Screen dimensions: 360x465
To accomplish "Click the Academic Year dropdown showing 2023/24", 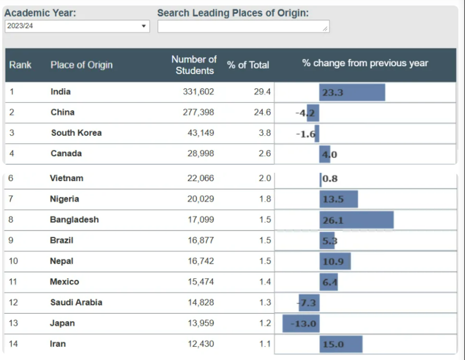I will pyautogui.click(x=77, y=26).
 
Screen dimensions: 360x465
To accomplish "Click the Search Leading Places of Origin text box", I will pyautogui.click(x=243, y=26).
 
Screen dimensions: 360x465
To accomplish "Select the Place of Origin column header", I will pyautogui.click(x=81, y=65).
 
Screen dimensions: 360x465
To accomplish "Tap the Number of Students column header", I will pyautogui.click(x=194, y=65).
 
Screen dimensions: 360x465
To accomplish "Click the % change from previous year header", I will pyautogui.click(x=365, y=63).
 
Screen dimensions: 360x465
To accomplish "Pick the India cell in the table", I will pyautogui.click(x=60, y=92).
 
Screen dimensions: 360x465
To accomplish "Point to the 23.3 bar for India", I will pyautogui.click(x=352, y=92).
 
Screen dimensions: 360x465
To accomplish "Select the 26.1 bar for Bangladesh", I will pyautogui.click(x=356, y=220).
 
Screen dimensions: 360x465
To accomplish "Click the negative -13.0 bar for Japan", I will pyautogui.click(x=301, y=323).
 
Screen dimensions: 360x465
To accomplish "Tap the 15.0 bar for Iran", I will pyautogui.click(x=341, y=344).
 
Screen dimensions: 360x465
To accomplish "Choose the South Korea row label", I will pyautogui.click(x=76, y=133).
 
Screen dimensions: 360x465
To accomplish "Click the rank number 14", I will pyautogui.click(x=13, y=344).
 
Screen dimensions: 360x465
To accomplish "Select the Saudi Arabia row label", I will pyautogui.click(x=76, y=303).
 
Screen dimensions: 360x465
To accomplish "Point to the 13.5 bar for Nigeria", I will pyautogui.click(x=338, y=199).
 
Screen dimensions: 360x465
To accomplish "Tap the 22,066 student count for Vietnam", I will pyautogui.click(x=201, y=178).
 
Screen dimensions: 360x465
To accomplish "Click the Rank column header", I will pyautogui.click(x=20, y=65).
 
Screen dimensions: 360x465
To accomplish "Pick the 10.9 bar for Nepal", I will pyautogui.click(x=335, y=261).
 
